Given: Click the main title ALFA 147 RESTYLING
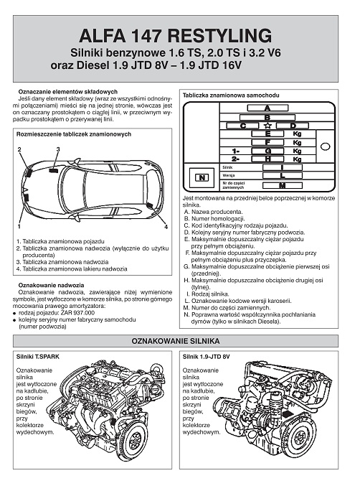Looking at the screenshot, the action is pyautogui.click(x=175, y=36).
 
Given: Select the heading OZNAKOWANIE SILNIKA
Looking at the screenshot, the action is pyautogui.click(x=176, y=341).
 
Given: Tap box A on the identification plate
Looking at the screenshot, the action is pyautogui.click(x=267, y=108).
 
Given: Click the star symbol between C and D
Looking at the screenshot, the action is pyautogui.click(x=267, y=126).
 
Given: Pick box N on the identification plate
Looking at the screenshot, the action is pyautogui.click(x=202, y=178).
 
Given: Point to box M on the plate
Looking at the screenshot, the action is pyautogui.click(x=282, y=185).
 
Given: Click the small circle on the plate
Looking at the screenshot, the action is pyautogui.click(x=326, y=146).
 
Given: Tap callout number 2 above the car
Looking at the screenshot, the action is pyautogui.click(x=19, y=149).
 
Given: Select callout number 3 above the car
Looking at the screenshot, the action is pyautogui.click(x=58, y=149).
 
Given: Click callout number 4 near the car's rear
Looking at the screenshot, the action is pyautogui.click(x=166, y=227).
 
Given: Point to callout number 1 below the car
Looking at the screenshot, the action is pyautogui.click(x=19, y=226).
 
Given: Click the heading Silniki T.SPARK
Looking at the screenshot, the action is pyautogui.click(x=37, y=357).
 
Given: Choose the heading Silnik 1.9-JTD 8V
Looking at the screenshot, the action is pyautogui.click(x=206, y=357).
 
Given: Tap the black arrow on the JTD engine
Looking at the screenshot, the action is pyautogui.click(x=286, y=414).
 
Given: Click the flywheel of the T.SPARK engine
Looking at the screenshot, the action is pyautogui.click(x=133, y=440).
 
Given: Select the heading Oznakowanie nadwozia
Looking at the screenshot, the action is pyautogui.click(x=52, y=285).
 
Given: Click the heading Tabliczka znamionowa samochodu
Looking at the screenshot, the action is pyautogui.click(x=231, y=95).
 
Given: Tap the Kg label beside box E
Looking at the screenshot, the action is pyautogui.click(x=297, y=134).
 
